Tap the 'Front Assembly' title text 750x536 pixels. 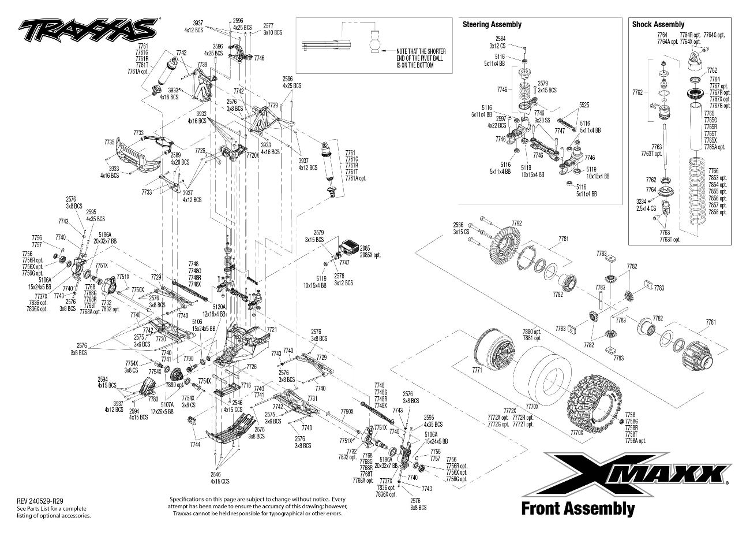tap(577, 509)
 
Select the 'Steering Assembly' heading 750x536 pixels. tap(492, 24)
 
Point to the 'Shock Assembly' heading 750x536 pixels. tap(658, 24)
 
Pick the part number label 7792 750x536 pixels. tap(516, 222)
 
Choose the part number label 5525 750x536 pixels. tap(583, 105)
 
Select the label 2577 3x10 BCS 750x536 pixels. tap(268, 29)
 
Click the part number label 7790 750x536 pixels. tap(188, 359)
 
